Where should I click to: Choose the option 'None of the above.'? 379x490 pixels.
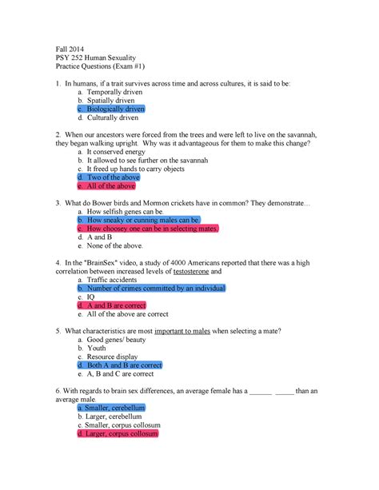117,248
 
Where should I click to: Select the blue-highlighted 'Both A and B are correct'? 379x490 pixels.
123,365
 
